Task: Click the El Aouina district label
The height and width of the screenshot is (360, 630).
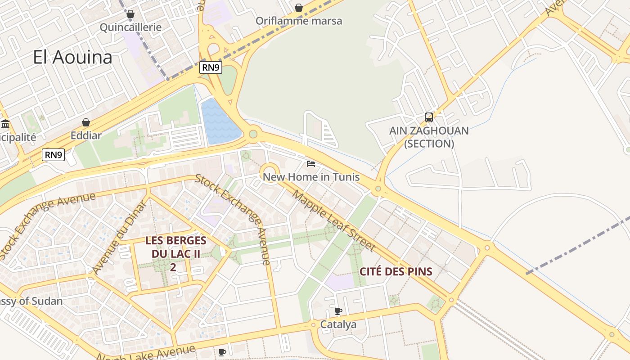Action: point(72,58)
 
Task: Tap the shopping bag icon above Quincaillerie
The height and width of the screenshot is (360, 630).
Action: point(130,14)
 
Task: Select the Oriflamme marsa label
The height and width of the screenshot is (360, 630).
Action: point(299,21)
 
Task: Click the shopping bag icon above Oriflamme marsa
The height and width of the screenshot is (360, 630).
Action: point(298,7)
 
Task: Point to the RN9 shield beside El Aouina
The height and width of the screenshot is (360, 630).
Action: point(211,67)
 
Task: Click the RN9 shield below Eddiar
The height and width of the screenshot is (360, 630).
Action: point(54,155)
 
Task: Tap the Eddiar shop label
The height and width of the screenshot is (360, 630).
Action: point(86,135)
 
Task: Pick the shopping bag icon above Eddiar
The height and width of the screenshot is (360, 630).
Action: point(86,122)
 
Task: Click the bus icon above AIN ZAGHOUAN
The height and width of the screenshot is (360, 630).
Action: point(429,117)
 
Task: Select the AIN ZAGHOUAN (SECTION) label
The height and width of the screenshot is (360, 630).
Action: point(429,137)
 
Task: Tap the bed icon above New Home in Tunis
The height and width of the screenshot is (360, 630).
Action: point(311,163)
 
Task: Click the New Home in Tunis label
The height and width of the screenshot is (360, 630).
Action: point(311,177)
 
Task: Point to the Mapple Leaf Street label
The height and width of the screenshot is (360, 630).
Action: point(333,221)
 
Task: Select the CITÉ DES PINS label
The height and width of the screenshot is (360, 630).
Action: point(396,271)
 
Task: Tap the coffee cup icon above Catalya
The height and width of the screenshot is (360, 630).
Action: point(338,311)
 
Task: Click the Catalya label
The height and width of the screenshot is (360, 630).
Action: point(338,324)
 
